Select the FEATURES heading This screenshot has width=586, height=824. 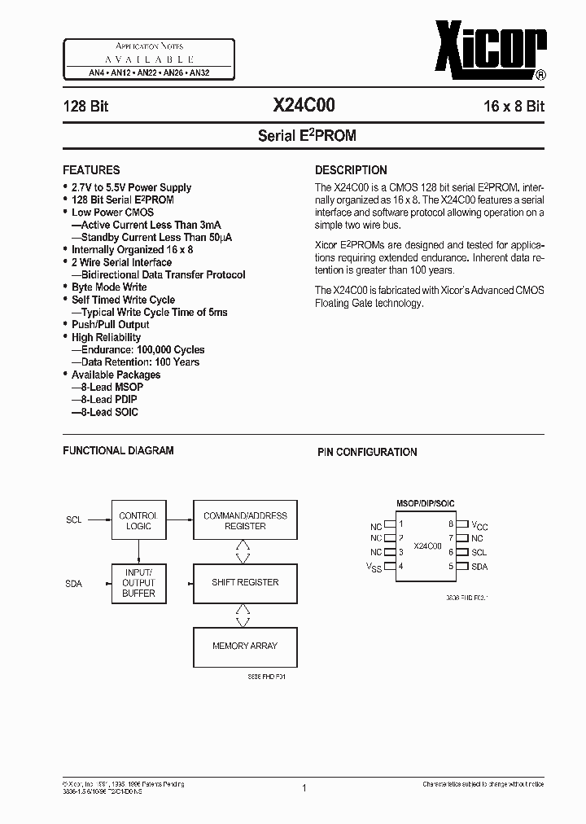[x=91, y=170]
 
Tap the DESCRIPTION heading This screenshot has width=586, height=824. [x=351, y=170]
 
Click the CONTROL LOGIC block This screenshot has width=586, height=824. [x=138, y=521]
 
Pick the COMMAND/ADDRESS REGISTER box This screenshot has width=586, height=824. [x=245, y=521]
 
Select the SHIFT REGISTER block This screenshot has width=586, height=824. [x=245, y=582]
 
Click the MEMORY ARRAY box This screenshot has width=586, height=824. [x=245, y=646]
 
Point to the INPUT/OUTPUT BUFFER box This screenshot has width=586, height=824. [x=138, y=583]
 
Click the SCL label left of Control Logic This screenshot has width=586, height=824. [x=73, y=519]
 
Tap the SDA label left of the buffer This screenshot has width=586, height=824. [x=73, y=584]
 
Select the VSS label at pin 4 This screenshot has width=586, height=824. [x=374, y=567]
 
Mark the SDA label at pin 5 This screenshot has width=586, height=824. [x=479, y=566]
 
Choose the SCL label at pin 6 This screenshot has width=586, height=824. [x=479, y=552]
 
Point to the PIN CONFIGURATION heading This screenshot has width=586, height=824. [x=366, y=452]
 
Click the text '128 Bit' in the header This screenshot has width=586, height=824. [x=86, y=106]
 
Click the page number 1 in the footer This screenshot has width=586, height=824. [x=303, y=787]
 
